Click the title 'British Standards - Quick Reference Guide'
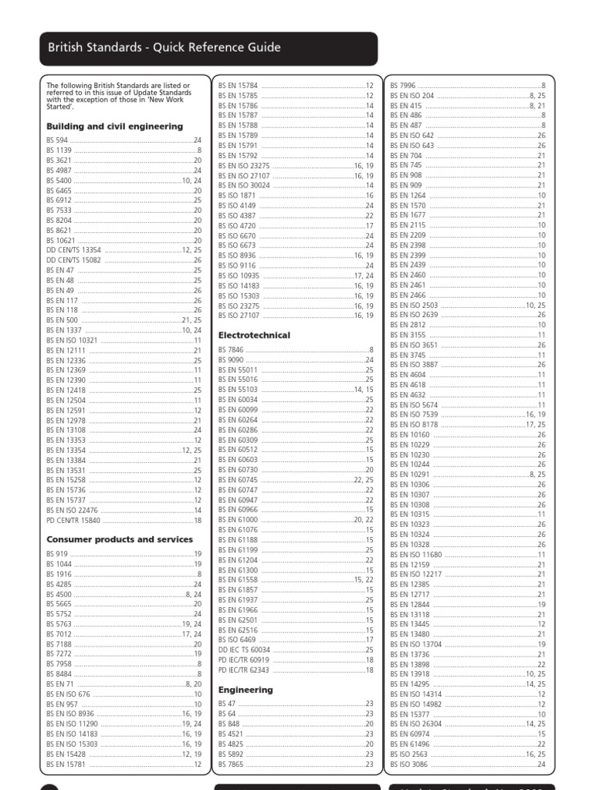[x=164, y=48]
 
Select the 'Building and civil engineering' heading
[x=114, y=126]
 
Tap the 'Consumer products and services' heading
[x=120, y=539]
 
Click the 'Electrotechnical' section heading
[x=254, y=336]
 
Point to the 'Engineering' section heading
[x=246, y=690]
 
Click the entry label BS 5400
[x=58, y=180]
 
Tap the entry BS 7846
[x=231, y=350]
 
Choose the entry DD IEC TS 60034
[x=242, y=650]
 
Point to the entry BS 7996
[x=403, y=85]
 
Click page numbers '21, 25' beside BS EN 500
[x=191, y=319]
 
